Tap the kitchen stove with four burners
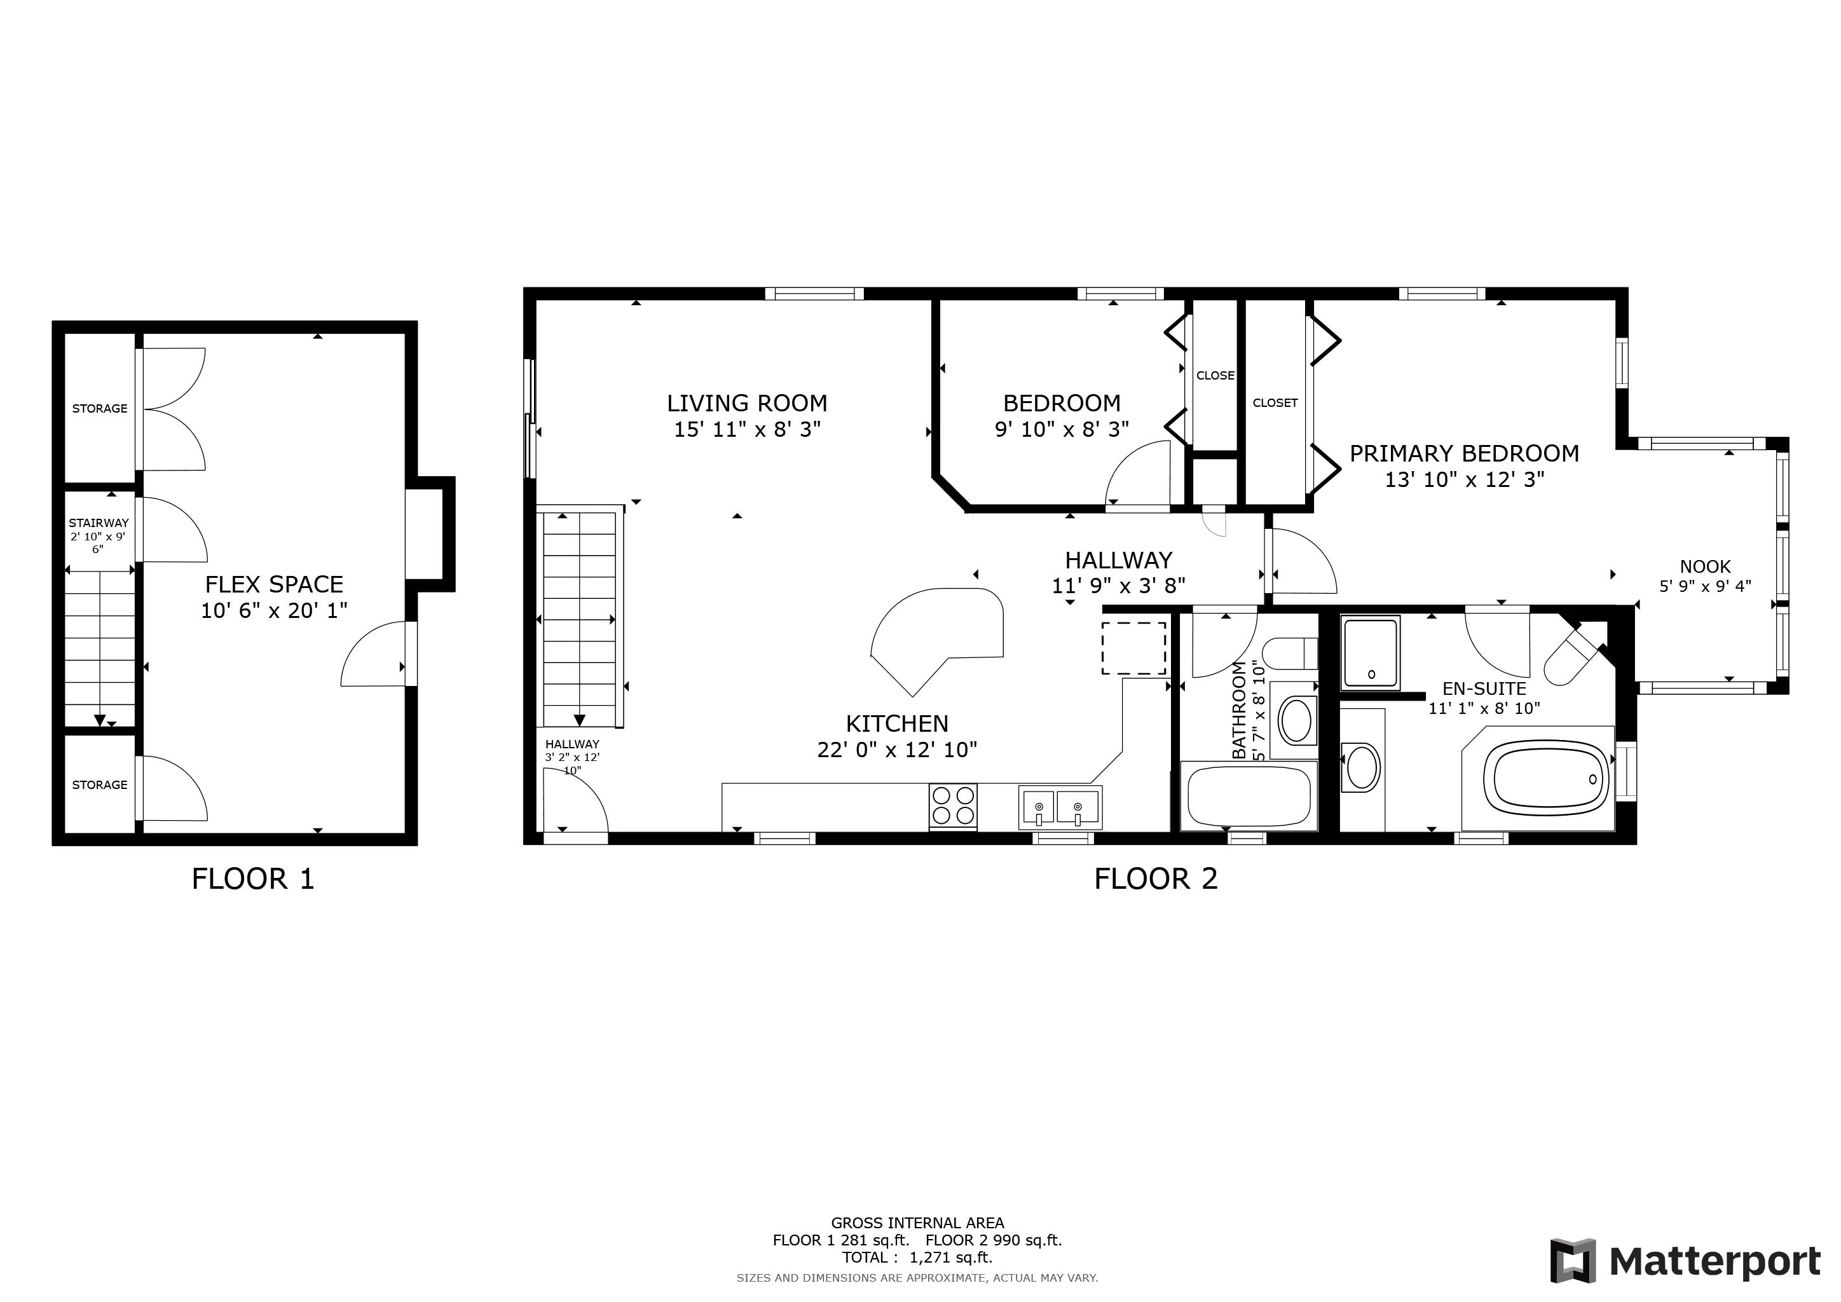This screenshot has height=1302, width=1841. click(x=954, y=807)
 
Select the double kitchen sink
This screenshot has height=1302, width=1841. click(x=1060, y=807)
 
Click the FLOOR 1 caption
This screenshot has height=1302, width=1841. click(x=252, y=879)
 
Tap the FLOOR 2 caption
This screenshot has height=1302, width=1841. click(x=1156, y=879)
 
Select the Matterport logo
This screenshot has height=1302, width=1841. click(x=1685, y=1261)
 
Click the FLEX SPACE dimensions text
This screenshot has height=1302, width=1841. click(x=274, y=611)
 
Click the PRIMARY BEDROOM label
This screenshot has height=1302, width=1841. click(x=1464, y=454)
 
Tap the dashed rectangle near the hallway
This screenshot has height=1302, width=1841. click(x=1134, y=648)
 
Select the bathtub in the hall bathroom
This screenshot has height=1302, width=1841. click(x=1249, y=796)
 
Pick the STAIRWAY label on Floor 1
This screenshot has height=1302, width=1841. click(x=99, y=523)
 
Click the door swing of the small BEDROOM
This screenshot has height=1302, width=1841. click(x=1139, y=473)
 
